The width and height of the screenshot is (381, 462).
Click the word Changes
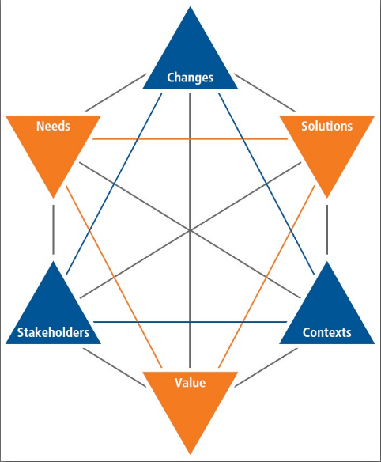[190, 78]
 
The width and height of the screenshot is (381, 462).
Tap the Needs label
[53, 126]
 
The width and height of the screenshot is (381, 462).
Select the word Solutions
[326, 126]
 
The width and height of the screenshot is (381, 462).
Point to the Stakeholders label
[53, 332]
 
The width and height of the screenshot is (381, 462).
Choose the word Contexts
[326, 332]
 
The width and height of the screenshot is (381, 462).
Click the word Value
[190, 383]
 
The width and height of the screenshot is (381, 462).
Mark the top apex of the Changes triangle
[190, 6]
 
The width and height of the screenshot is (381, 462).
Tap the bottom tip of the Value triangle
[190, 454]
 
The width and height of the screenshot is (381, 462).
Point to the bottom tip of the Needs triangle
[53, 198]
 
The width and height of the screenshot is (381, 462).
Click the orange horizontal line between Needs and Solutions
[190, 138]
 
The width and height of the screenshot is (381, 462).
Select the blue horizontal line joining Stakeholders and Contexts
[190, 322]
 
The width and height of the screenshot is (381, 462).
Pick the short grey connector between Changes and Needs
[115, 93]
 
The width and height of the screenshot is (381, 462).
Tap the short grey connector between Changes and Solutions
[265, 93]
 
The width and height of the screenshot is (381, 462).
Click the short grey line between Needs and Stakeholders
[53, 229]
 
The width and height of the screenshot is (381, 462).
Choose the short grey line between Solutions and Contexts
[327, 229]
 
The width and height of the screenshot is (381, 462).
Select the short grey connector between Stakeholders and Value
[115, 368]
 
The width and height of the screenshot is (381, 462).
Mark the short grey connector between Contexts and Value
[266, 368]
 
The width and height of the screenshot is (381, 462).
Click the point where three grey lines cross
[190, 230]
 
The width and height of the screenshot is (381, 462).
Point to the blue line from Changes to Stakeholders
[114, 184]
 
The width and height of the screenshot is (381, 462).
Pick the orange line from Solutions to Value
[266, 277]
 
